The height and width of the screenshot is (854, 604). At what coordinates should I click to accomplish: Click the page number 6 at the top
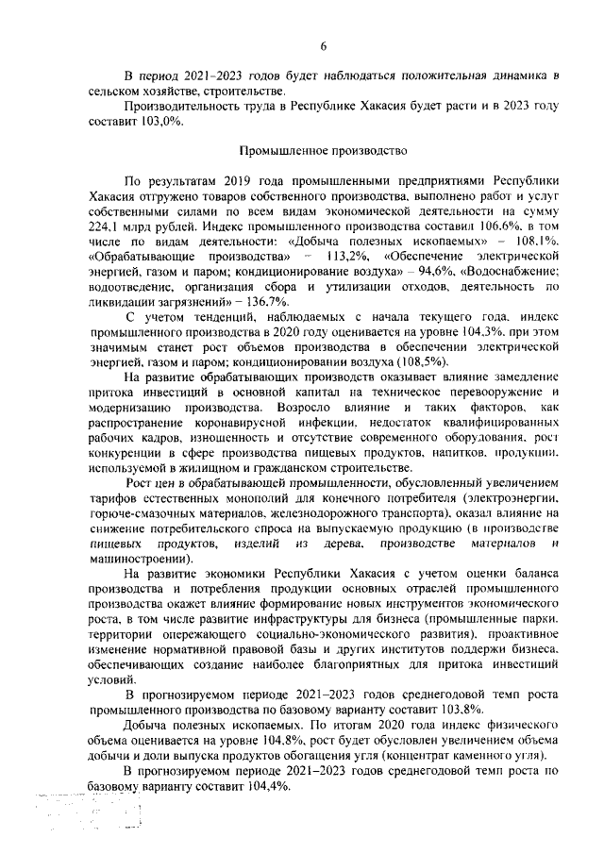click(323, 46)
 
